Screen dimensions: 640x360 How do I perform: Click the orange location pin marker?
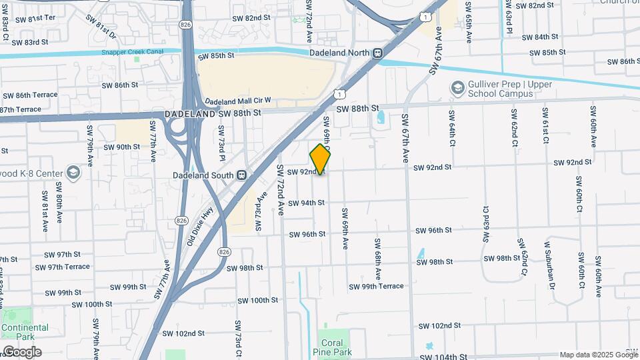pyautogui.click(x=320, y=159)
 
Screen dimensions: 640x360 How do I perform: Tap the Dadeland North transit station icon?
pyautogui.click(x=378, y=53)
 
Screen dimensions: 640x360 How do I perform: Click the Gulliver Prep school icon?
pyautogui.click(x=457, y=88)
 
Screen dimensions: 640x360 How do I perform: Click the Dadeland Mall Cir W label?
pyautogui.click(x=238, y=101)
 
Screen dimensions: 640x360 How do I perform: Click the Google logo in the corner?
pyautogui.click(x=21, y=351)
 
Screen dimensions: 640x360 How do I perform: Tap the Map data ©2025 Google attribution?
pyautogui.click(x=598, y=355)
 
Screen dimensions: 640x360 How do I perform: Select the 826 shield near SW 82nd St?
pyautogui.click(x=183, y=24)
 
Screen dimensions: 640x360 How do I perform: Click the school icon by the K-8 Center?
pyautogui.click(x=73, y=174)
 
